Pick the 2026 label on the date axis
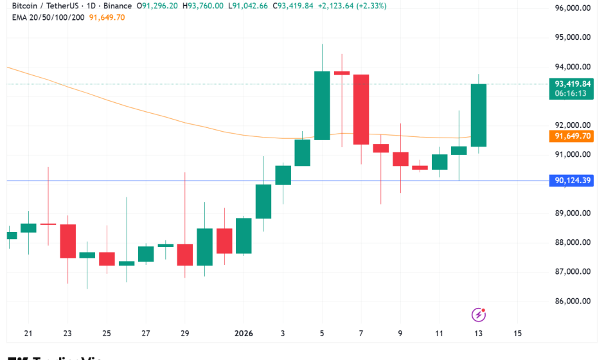[x=244, y=334]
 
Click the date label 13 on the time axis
[x=478, y=334]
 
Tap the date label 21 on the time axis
[x=28, y=334]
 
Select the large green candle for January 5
[x=322, y=105]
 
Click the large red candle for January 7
[x=361, y=109]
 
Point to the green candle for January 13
[x=479, y=116]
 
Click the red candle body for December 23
[x=68, y=241]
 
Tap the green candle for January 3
[x=283, y=175]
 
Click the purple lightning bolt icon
[x=479, y=314]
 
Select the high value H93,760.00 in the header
[x=203, y=6]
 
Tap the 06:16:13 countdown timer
[x=571, y=94]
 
